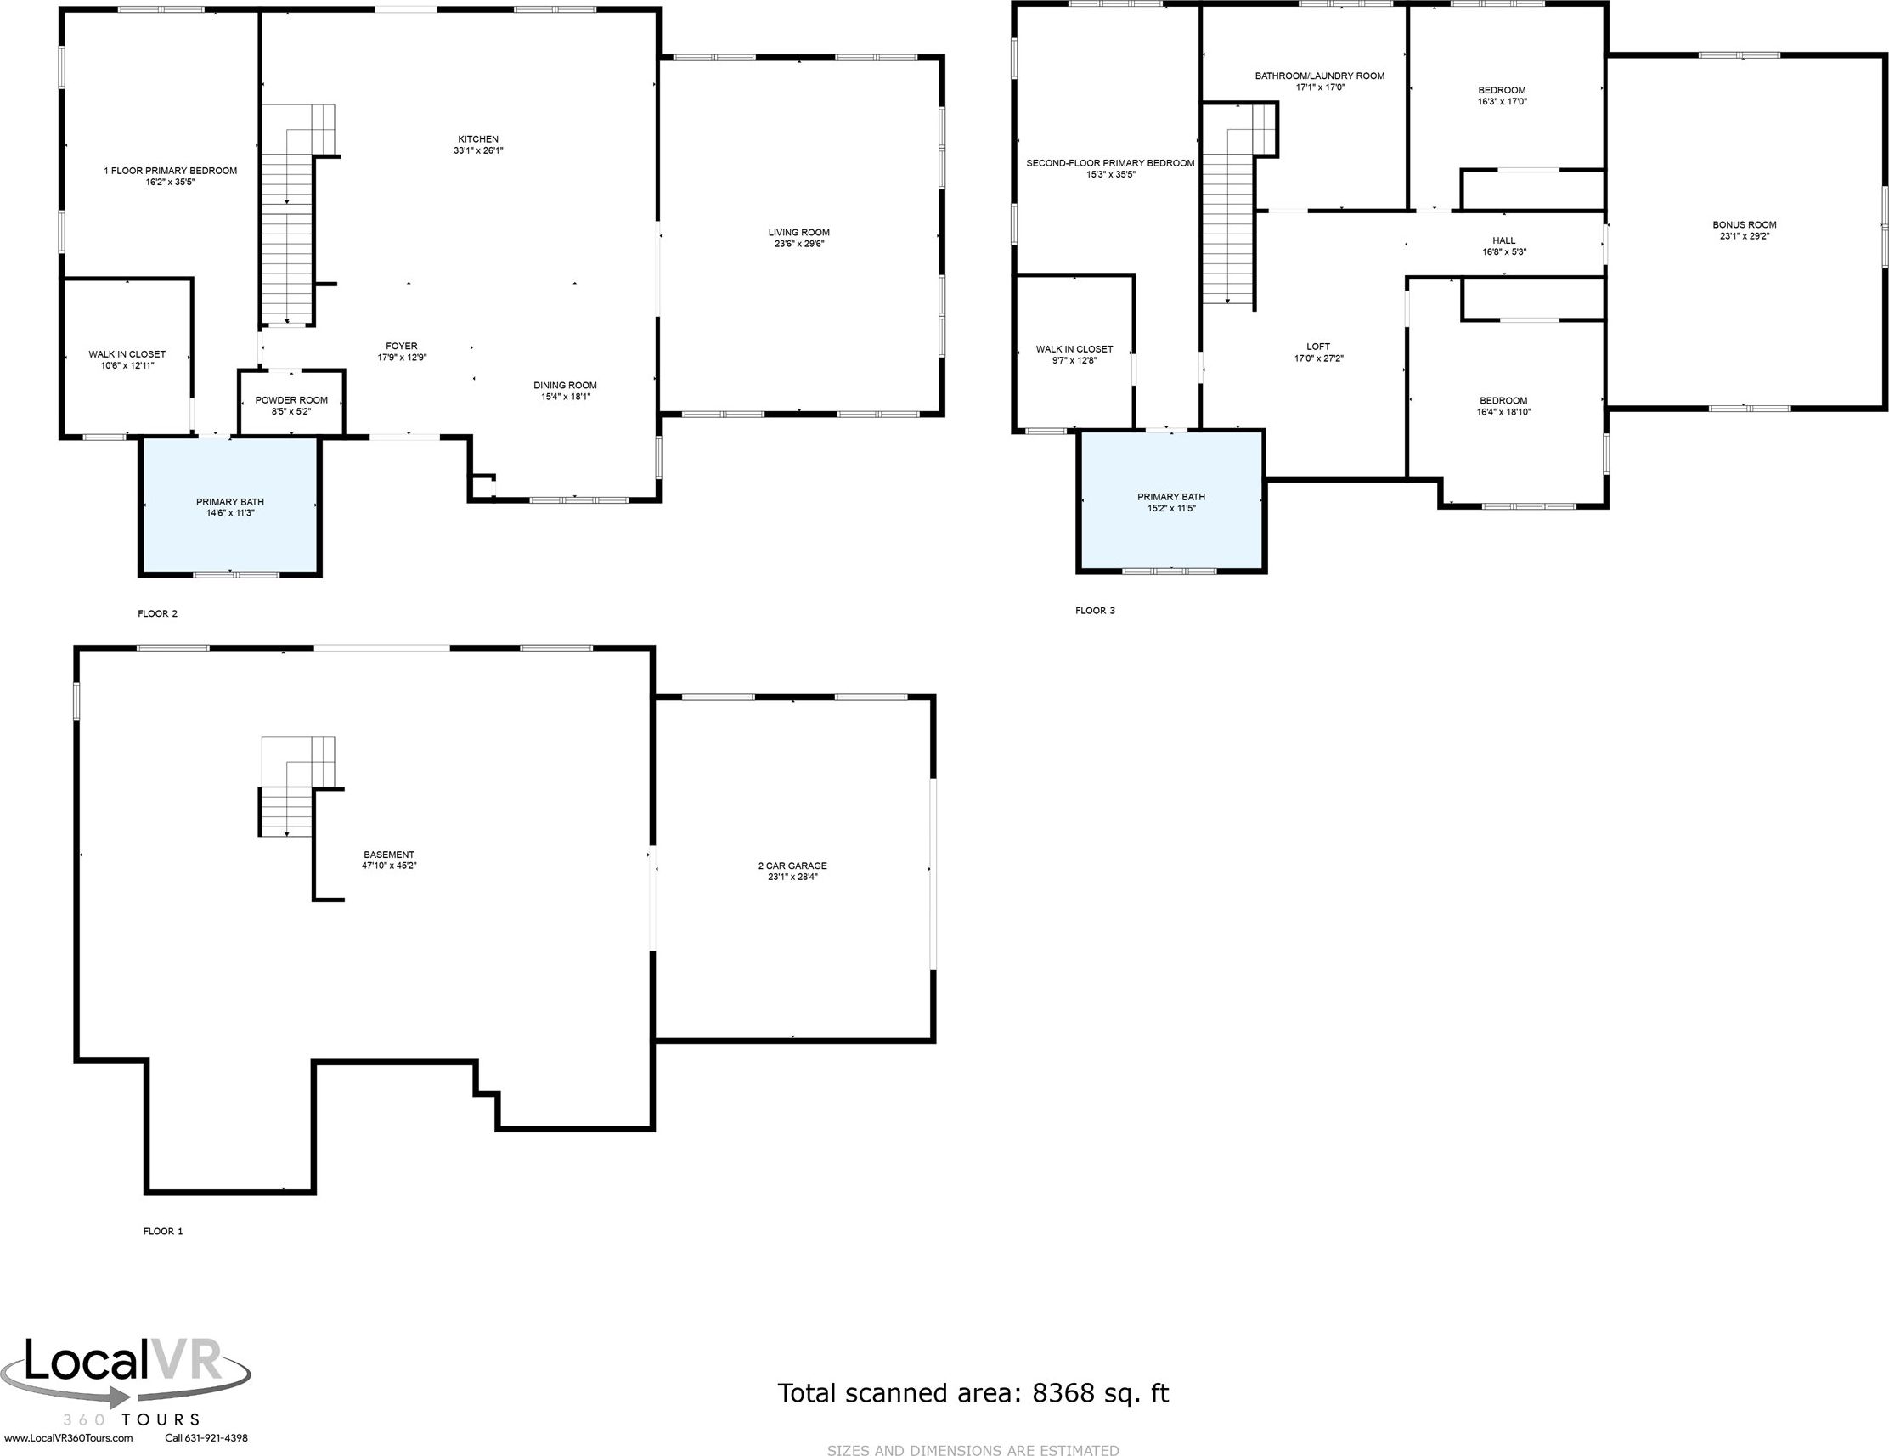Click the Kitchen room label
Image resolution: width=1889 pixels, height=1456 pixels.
[x=477, y=139]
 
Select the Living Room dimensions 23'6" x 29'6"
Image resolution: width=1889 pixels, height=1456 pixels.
[x=798, y=244]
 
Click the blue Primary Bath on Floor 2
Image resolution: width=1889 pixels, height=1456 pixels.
[x=230, y=507]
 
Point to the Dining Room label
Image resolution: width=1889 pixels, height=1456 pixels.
[x=565, y=386]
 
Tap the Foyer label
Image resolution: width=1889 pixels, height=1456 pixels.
[x=401, y=346]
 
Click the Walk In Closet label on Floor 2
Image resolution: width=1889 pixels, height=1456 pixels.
[x=127, y=355]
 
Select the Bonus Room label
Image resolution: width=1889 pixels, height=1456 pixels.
[x=1744, y=225]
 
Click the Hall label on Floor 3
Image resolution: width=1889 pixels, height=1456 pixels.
[x=1503, y=241]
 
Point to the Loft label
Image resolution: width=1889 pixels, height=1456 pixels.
[x=1318, y=347]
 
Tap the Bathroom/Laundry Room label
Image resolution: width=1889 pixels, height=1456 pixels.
[x=1319, y=76]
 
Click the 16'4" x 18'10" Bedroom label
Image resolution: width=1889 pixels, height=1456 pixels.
[x=1503, y=407]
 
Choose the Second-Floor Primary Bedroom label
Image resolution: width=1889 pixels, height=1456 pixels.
[x=1109, y=163]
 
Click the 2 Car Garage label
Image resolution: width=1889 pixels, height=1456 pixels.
[x=792, y=865]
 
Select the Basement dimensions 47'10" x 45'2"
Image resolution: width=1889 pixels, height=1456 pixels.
[x=389, y=865]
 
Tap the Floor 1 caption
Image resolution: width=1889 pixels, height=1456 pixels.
[x=162, y=1231]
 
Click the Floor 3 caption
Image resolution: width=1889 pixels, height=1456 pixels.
[x=1095, y=611]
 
